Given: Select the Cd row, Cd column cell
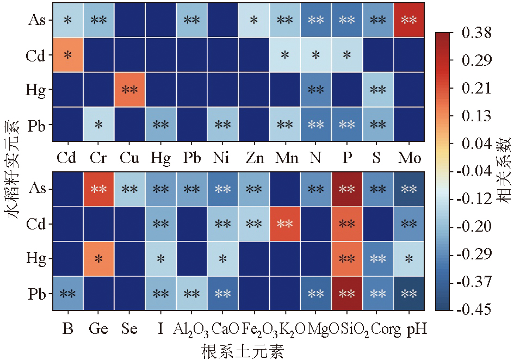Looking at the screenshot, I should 67,55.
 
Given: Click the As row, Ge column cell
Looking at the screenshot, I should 98,189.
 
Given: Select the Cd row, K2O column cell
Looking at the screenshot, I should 284,224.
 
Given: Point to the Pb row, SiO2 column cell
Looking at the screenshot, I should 346,294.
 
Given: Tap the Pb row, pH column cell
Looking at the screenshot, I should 408,294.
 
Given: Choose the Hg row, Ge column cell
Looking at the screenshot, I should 98,259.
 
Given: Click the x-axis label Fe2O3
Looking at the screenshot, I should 253,329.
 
